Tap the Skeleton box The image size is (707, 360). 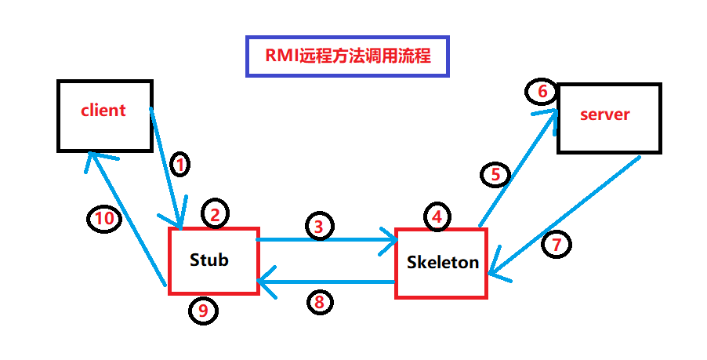(x=441, y=264)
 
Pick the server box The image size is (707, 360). (x=608, y=117)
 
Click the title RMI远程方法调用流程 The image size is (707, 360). (x=347, y=56)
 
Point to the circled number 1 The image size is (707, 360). (x=180, y=165)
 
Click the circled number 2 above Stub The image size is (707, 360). (x=216, y=213)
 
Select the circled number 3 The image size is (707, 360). (x=318, y=227)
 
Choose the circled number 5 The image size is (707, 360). (x=495, y=175)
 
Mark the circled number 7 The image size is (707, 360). (x=557, y=245)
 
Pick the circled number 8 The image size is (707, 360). (x=320, y=301)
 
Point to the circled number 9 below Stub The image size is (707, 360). (x=203, y=311)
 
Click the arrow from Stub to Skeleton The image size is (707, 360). (x=329, y=239)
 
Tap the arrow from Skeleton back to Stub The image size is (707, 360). (x=329, y=281)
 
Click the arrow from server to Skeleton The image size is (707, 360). (x=564, y=216)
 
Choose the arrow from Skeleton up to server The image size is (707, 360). (x=517, y=169)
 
